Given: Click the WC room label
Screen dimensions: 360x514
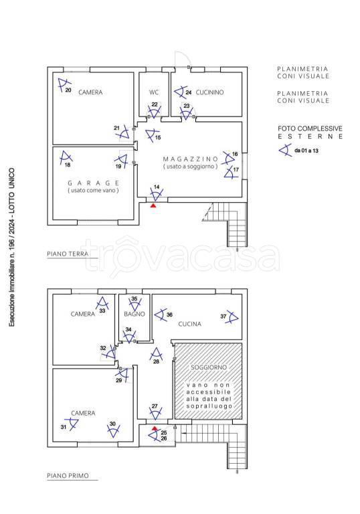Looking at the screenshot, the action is [x=154, y=92].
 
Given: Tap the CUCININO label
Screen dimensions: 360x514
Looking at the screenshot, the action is [x=209, y=92].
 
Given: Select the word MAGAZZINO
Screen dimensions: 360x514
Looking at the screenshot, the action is [x=191, y=159].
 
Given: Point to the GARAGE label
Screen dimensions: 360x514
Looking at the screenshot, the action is [x=94, y=183].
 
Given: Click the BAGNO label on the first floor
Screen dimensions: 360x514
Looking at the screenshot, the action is [x=134, y=314].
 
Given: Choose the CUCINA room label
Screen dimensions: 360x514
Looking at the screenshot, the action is [x=189, y=324].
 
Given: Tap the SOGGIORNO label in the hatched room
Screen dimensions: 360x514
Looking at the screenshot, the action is [x=209, y=367].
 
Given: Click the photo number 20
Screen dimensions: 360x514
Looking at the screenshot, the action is [x=68, y=90].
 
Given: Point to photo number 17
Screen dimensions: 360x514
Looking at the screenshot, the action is [x=236, y=169].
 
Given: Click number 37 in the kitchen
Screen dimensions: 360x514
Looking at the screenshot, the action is [x=223, y=317].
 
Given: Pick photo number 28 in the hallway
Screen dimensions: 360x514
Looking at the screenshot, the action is [x=156, y=361].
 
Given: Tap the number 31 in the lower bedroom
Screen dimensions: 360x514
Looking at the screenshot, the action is [x=64, y=427].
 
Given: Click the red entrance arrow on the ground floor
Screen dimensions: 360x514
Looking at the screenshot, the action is [x=153, y=205].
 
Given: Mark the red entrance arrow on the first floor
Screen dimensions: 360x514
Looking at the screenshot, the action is [x=155, y=428].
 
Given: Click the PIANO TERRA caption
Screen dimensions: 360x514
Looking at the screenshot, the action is [x=68, y=254].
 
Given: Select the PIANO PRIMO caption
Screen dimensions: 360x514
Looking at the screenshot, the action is [x=68, y=476].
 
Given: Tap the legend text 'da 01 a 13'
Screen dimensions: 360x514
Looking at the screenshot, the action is [x=306, y=151].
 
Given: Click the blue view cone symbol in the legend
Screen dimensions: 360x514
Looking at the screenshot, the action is [x=285, y=150].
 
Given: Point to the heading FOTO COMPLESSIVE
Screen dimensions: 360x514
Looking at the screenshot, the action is [x=310, y=128].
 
